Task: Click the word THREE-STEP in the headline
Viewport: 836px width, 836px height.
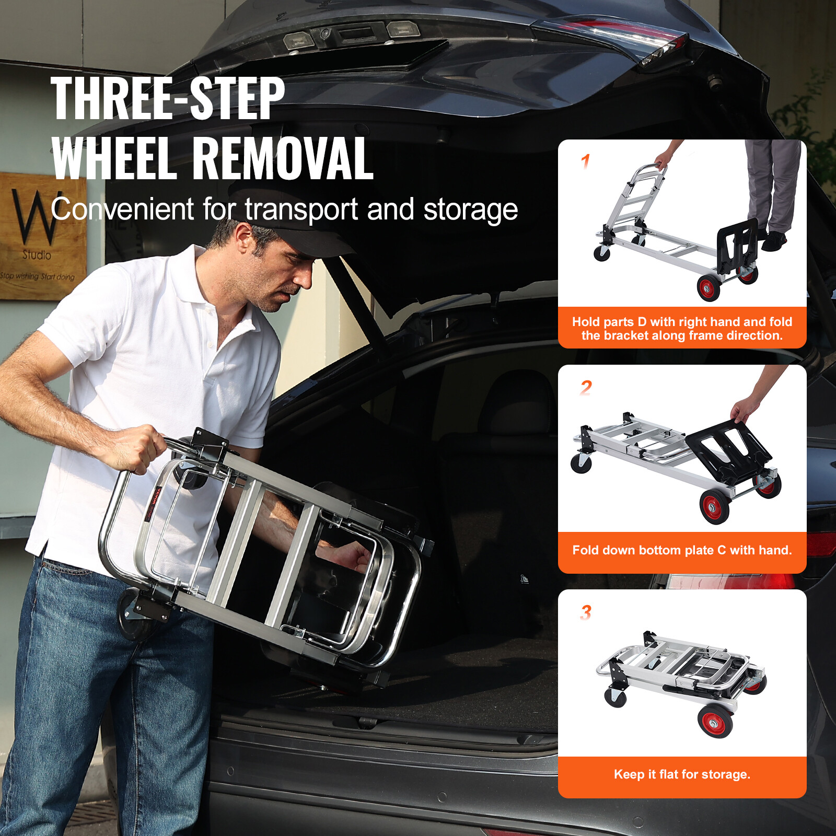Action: pos(167,98)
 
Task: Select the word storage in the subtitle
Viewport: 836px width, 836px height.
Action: pos(470,210)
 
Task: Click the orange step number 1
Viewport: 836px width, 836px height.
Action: pos(586,162)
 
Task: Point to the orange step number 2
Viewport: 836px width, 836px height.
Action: pos(586,388)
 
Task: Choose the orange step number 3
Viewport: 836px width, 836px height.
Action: pos(586,612)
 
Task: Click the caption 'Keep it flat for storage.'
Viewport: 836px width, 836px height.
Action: pos(682,774)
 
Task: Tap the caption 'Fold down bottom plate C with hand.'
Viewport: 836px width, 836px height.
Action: pos(682,550)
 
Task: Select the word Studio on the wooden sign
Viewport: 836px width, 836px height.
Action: pos(37,255)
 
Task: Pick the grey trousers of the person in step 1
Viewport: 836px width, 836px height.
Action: pos(771,183)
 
